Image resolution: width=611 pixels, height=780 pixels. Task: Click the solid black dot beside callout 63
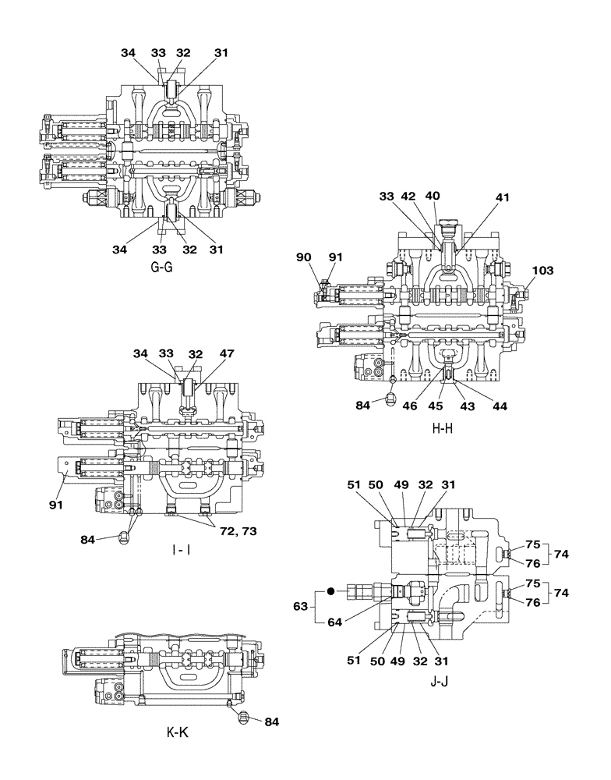click(330, 592)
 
